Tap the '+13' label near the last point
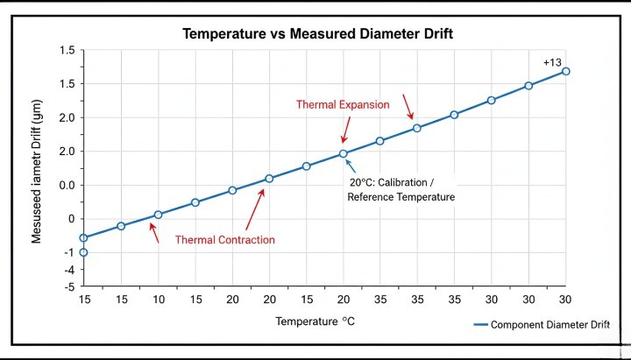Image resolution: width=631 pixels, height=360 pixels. pos(552,62)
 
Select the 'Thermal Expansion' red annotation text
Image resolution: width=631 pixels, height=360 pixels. pos(343,104)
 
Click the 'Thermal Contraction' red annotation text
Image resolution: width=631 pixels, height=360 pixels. pos(224,239)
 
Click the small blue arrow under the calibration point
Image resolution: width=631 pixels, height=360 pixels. pos(351,166)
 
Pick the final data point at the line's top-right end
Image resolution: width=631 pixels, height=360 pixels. pos(566,71)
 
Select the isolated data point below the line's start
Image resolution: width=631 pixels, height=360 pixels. pos(84,252)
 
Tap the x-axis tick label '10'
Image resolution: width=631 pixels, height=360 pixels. pos(158,300)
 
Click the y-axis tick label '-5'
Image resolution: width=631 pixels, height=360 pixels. pos(68,286)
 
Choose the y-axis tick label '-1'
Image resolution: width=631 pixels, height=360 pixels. pos(68,252)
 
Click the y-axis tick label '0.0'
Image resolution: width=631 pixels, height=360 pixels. pos(67,185)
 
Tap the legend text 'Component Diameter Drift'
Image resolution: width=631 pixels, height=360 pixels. pos(549,325)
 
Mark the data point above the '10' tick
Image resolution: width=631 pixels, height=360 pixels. pos(159,215)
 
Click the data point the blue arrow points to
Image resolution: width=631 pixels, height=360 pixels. pos(344,153)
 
